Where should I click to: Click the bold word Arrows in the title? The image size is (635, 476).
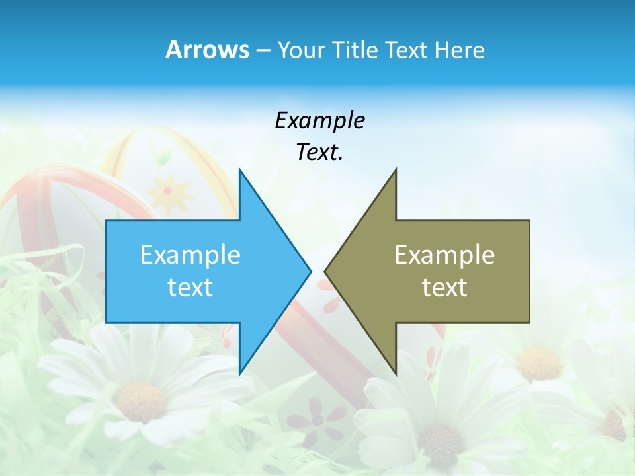pos(206,50)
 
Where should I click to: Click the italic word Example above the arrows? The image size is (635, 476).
pos(319,120)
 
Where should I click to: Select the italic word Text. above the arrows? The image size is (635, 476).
pos(319,152)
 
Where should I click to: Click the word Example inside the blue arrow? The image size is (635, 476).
pos(190,255)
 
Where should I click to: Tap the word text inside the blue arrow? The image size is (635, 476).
pos(190,287)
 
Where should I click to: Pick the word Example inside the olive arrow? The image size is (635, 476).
pos(444,255)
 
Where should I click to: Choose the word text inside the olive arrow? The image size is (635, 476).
pos(444,287)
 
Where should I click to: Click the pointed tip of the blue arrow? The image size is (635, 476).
pos(310,271)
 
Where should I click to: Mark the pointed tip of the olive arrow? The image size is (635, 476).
pos(325,271)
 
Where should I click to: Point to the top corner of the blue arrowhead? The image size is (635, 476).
pos(239,170)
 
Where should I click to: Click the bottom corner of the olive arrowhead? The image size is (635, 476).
pos(396,374)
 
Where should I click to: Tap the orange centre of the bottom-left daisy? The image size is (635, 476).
pos(142,401)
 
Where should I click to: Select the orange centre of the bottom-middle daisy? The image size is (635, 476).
pos(441,439)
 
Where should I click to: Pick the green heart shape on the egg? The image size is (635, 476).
pos(161,157)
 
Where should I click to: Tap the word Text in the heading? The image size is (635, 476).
pos(406,50)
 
